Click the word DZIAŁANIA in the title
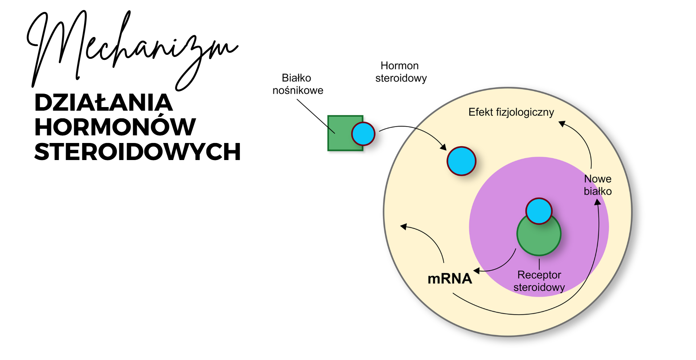(103, 103)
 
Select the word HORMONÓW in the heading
(115, 127)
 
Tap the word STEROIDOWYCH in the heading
(137, 152)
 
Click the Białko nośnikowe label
(297, 84)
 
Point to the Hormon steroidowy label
(400, 72)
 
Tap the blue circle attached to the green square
(363, 134)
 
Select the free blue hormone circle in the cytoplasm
(461, 161)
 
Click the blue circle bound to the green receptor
(539, 210)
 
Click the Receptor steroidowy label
(539, 281)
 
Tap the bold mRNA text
(450, 279)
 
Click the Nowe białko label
(598, 185)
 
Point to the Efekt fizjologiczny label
(511, 112)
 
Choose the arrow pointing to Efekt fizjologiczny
(584, 142)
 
